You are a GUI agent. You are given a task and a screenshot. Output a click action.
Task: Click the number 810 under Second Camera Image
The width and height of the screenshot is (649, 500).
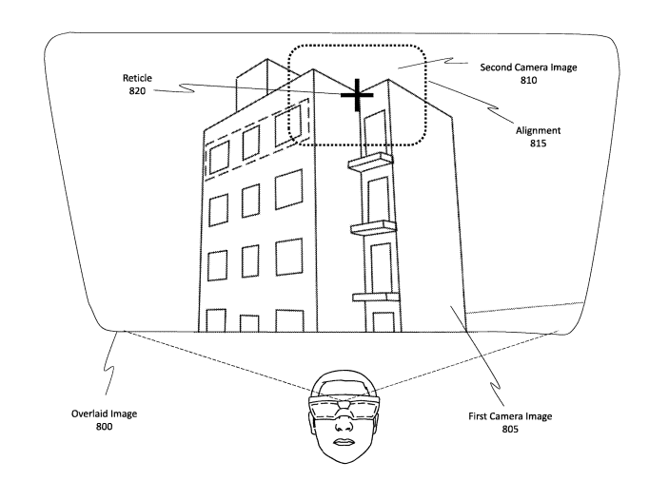(x=527, y=82)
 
